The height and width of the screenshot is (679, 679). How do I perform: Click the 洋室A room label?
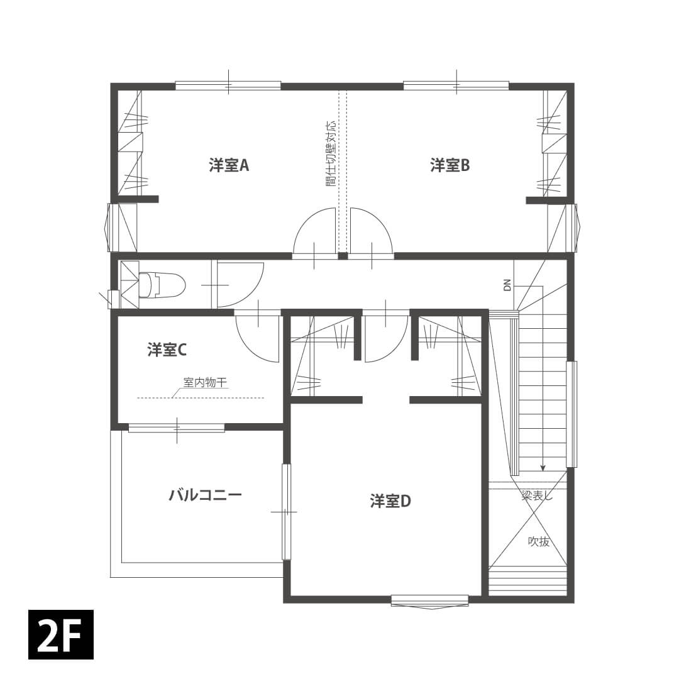point(229,165)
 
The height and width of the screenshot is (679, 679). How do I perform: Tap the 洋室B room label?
point(450,165)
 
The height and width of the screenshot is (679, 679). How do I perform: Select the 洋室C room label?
point(167,350)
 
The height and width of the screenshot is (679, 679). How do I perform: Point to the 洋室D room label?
point(390,501)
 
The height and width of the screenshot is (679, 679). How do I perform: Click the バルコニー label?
point(205,495)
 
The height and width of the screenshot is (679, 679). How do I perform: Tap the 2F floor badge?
point(60,634)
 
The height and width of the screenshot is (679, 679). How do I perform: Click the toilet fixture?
point(162,285)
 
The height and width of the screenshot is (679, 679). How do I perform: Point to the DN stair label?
point(507,285)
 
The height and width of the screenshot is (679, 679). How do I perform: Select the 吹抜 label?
point(539,541)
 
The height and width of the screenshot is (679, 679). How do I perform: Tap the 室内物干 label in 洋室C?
point(205,383)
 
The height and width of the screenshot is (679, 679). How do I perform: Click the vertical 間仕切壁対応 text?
point(331,153)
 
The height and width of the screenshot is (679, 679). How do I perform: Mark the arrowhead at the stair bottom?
point(543,468)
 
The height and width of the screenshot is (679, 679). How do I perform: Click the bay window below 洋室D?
point(429,602)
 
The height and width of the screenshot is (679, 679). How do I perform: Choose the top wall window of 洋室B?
point(456,86)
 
